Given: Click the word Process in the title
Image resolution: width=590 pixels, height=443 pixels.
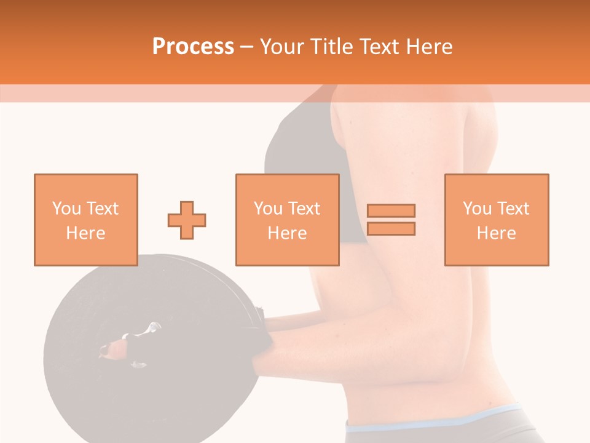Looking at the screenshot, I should click(193, 47).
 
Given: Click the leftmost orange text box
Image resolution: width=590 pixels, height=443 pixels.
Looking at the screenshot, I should click(85, 220).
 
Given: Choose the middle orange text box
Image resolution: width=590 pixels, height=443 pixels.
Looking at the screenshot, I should click(287, 220).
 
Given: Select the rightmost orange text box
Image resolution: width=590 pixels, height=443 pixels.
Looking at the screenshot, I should click(496, 220).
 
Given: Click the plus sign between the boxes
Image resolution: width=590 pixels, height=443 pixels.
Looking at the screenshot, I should click(187, 220).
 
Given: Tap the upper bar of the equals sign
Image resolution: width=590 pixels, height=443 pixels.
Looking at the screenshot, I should click(391, 210).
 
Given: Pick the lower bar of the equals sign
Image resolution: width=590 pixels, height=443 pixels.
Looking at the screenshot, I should click(391, 228).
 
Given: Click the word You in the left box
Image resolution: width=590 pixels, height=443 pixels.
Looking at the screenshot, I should click(66, 209).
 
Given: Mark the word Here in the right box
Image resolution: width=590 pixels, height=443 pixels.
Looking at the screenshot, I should click(496, 233).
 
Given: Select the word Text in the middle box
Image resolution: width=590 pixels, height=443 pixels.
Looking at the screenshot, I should click(304, 209).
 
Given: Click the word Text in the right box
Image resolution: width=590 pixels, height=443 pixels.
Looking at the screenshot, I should click(513, 209).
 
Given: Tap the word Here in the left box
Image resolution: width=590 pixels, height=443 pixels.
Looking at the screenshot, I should click(85, 233).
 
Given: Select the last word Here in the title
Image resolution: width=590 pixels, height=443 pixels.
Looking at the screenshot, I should click(430, 47).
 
